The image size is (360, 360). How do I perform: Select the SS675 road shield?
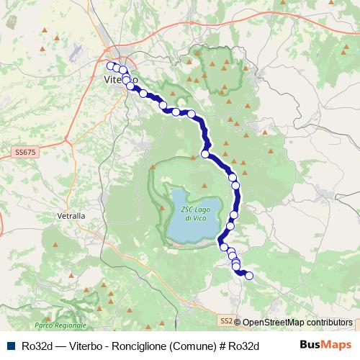tap(23, 153)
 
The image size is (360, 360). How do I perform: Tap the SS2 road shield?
tap(227, 320)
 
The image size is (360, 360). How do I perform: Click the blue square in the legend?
tap(12, 346)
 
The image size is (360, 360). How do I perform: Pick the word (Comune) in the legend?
tap(191, 346)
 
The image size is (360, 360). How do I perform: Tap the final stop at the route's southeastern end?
tap(250, 274)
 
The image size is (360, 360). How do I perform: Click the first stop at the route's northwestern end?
tap(110, 66)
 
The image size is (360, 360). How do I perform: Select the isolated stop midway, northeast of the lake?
tap(205, 153)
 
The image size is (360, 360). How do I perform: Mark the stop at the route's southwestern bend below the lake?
tap(222, 247)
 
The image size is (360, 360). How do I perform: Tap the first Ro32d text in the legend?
tap(37, 346)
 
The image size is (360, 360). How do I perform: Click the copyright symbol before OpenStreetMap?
tap(238, 323)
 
